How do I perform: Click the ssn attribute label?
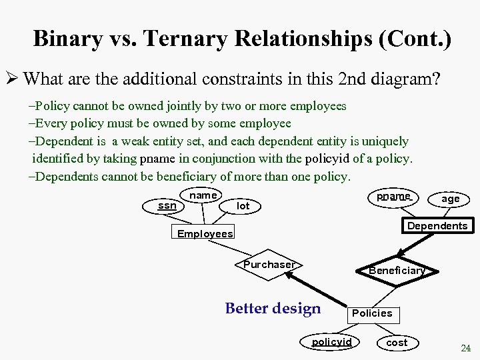click(x=167, y=205)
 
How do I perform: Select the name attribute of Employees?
click(x=203, y=195)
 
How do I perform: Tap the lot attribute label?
click(x=243, y=206)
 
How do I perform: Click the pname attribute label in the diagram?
click(x=393, y=197)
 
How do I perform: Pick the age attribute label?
click(x=451, y=199)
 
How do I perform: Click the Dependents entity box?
click(x=437, y=226)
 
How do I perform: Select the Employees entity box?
click(x=205, y=234)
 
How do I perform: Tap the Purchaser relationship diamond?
click(x=269, y=265)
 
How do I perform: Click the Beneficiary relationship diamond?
click(x=397, y=270)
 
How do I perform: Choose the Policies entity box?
click(x=372, y=313)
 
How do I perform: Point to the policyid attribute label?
click(x=332, y=342)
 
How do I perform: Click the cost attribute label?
click(x=397, y=342)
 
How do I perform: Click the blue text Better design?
click(x=273, y=309)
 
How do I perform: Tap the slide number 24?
click(x=465, y=348)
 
